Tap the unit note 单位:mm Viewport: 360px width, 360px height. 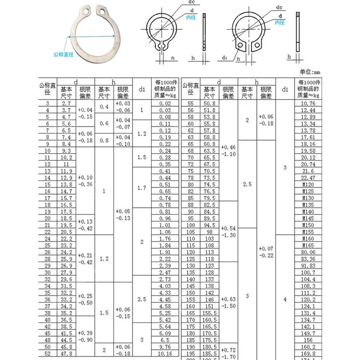pos(309,72)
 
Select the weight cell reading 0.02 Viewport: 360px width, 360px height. pos(165,103)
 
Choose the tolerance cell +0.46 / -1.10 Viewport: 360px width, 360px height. pos(228,151)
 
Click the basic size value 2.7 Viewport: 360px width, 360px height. pos(66,103)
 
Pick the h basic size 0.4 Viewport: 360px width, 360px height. pos(104,107)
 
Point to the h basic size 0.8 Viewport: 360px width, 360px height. pos(104,141)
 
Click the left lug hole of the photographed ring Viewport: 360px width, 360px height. pos(85,9)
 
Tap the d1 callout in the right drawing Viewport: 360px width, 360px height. pos(225,57)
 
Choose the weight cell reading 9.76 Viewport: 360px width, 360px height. pos(165,346)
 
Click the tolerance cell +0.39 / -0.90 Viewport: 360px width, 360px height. pos(85,336)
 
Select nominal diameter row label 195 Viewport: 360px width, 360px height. pos(191,353)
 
